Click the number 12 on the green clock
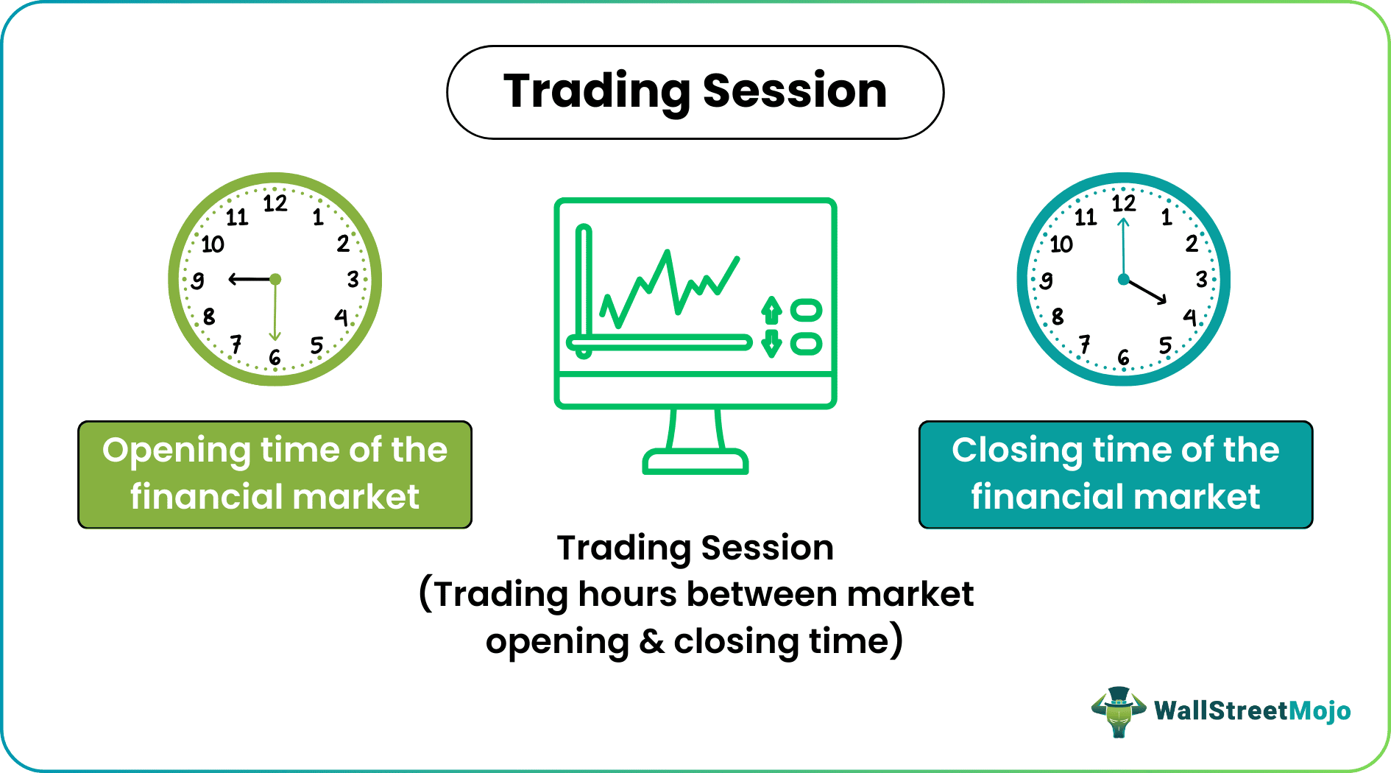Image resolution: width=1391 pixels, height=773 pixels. (275, 203)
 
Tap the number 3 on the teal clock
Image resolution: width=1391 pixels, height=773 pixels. (1201, 279)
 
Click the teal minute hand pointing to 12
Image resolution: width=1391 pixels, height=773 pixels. (1123, 243)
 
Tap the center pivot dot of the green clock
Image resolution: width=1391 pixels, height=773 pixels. (275, 279)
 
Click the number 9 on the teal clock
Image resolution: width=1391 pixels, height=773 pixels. (1046, 280)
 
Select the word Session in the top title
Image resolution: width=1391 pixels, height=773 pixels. (794, 91)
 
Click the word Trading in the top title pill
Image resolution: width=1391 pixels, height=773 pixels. (596, 91)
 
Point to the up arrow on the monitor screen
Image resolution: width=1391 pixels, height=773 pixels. (771, 310)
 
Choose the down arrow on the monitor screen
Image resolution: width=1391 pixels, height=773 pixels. (771, 343)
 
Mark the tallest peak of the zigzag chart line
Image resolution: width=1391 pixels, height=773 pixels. (667, 254)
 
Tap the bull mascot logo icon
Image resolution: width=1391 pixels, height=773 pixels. (1118, 711)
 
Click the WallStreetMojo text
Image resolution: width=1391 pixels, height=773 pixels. (1252, 711)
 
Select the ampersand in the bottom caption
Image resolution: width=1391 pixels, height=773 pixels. (651, 641)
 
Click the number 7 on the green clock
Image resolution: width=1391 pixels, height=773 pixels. (236, 344)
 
